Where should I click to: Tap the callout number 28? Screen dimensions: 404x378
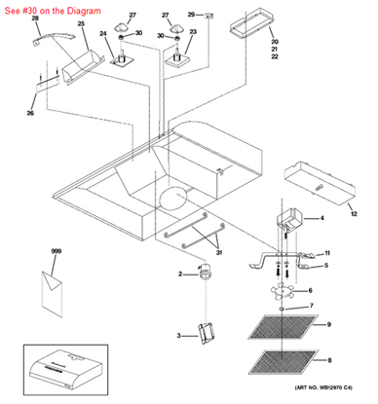click(35, 18)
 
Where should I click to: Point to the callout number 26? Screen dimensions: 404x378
click(30, 114)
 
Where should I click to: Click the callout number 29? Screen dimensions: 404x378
click(191, 15)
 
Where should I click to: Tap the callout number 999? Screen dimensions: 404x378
click(56, 251)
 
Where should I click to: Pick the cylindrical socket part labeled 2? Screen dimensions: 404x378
click(205, 275)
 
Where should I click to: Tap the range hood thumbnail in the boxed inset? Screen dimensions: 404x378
click(68, 368)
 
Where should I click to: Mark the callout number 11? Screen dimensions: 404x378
click(327, 252)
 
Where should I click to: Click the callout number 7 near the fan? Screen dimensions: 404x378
click(312, 306)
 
